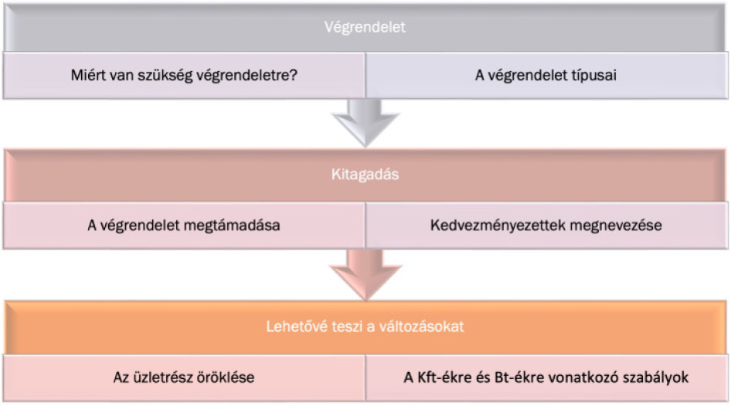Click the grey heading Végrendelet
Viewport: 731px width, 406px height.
point(365,27)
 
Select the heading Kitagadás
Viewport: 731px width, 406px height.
point(365,175)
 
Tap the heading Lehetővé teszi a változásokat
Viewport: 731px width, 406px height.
point(365,326)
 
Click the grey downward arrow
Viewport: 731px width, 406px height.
point(365,122)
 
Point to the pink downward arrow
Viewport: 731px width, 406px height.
point(365,275)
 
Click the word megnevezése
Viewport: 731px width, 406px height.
point(615,226)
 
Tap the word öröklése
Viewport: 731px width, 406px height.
point(229,377)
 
